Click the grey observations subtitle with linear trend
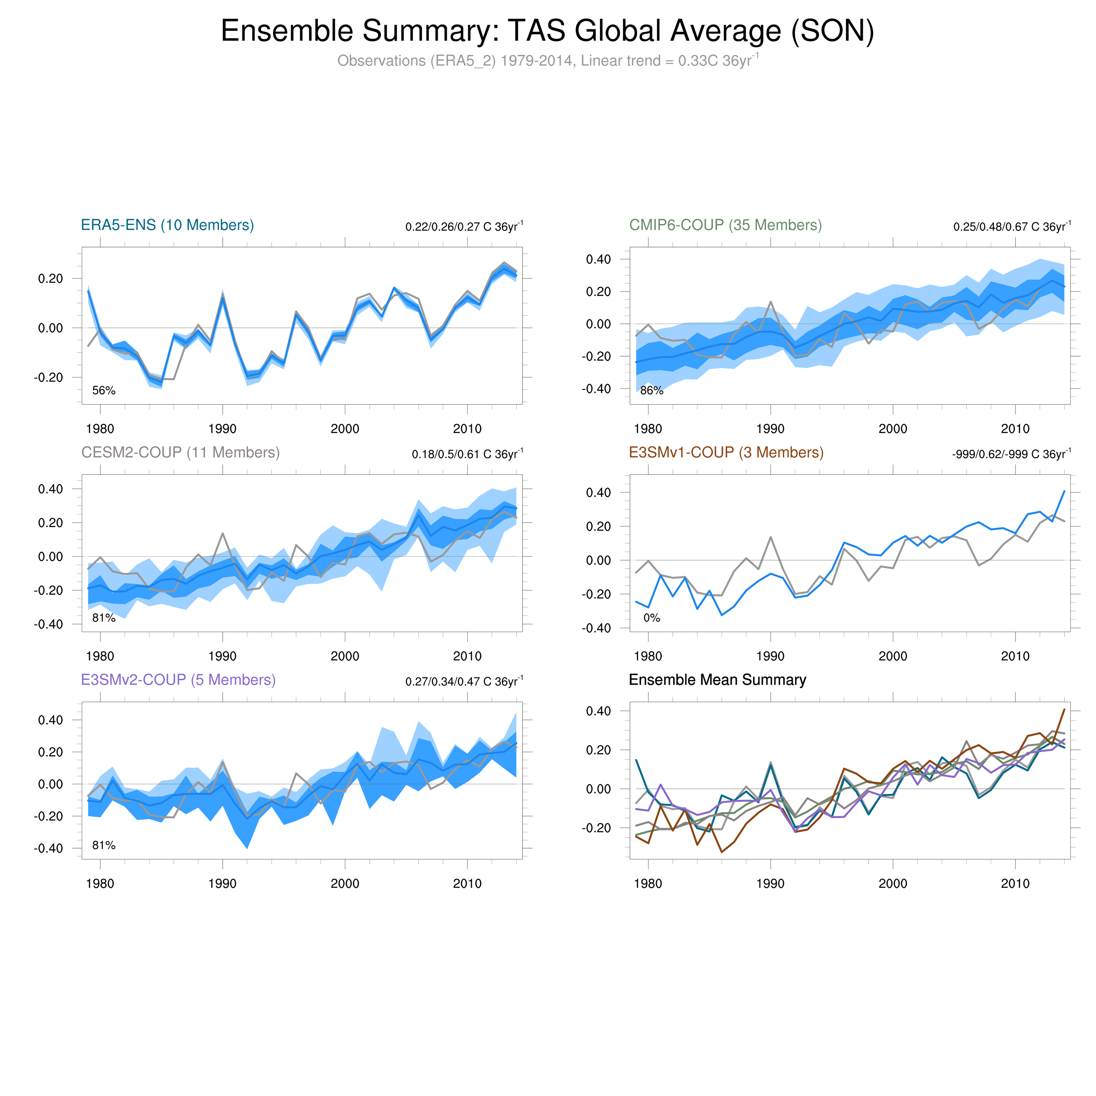[548, 61]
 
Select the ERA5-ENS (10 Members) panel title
[167, 225]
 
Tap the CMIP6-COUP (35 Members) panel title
[725, 225]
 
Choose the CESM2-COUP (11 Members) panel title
[181, 453]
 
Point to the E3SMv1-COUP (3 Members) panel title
[726, 453]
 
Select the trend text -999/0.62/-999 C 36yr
[1012, 454]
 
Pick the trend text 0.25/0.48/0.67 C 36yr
[1012, 227]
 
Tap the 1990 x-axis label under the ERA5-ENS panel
[222, 429]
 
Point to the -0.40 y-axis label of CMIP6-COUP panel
[596, 389]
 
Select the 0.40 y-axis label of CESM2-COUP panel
[50, 489]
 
